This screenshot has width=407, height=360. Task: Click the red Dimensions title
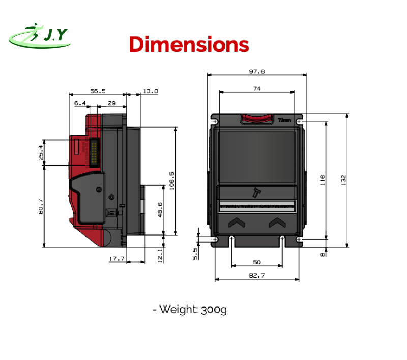[189, 44]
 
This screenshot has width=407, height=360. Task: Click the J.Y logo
[40, 36]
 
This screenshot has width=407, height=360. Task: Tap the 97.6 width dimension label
[257, 71]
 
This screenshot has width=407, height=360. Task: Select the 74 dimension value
[257, 89]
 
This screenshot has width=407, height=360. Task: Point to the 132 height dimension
[344, 180]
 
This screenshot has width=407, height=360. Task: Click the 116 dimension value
[323, 180]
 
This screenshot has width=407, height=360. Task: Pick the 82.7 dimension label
[257, 275]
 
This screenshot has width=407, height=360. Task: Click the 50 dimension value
[257, 262]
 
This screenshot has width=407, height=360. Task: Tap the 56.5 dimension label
[98, 91]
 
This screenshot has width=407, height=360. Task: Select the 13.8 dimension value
[151, 91]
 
